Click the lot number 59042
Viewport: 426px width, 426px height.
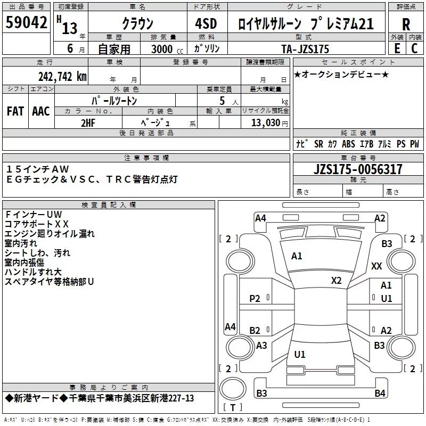pyautogui.click(x=26, y=22)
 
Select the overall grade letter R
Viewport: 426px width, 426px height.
pyautogui.click(x=406, y=24)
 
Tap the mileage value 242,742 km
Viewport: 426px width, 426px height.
pyautogui.click(x=62, y=77)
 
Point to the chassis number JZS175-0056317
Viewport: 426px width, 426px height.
pyautogui.click(x=358, y=169)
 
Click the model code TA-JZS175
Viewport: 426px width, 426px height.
pyautogui.click(x=305, y=49)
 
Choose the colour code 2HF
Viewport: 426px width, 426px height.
pyautogui.click(x=88, y=123)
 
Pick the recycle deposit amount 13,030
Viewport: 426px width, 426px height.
pyautogui.click(x=266, y=122)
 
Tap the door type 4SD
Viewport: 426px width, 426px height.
pyautogui.click(x=206, y=23)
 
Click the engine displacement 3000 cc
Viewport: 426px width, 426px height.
pyautogui.click(x=167, y=49)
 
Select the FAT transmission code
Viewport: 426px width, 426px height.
pyautogui.click(x=15, y=111)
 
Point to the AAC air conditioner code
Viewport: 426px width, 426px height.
pyautogui.click(x=41, y=111)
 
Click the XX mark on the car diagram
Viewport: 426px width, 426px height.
pyautogui.click(x=376, y=266)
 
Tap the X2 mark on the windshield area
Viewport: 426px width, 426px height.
pyautogui.click(x=337, y=281)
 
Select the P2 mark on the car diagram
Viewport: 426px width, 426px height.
pyautogui.click(x=255, y=299)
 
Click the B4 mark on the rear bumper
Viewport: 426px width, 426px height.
pyautogui.click(x=380, y=393)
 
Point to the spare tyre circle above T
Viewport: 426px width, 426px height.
pyautogui.click(x=233, y=388)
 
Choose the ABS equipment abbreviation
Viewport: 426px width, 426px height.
pyautogui.click(x=348, y=144)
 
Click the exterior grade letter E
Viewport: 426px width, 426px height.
pyautogui.click(x=397, y=48)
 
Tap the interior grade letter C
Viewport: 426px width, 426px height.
pyautogui.click(x=414, y=48)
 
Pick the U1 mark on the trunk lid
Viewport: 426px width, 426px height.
pyautogui.click(x=300, y=354)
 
